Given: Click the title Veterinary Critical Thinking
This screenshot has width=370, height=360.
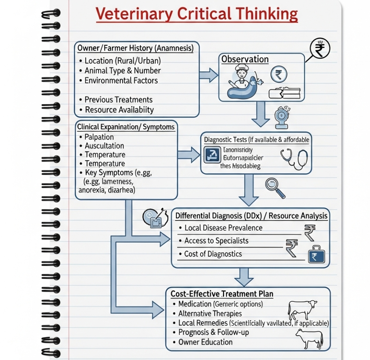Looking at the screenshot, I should point(197,14).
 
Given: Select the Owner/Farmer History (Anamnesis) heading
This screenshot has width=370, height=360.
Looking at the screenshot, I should point(135,48).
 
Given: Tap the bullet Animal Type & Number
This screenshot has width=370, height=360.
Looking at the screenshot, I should point(122,71).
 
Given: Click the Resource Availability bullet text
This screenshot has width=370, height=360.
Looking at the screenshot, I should point(119,110).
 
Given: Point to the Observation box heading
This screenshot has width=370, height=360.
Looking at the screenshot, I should point(245,59).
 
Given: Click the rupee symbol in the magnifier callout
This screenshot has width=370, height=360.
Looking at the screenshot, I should point(320,49).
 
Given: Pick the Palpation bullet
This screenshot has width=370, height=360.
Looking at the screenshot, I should point(99,137).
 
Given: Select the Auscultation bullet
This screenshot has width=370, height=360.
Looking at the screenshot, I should point(104,146).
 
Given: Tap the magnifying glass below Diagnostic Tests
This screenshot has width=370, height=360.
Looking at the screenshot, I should point(275,188).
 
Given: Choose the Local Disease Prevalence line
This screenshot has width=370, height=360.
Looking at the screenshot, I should point(223,228).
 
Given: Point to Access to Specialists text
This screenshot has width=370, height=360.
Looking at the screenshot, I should point(216,241).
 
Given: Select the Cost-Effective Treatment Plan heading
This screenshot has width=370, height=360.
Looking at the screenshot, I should point(222,294).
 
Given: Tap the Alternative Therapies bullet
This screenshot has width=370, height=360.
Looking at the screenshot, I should point(210,314).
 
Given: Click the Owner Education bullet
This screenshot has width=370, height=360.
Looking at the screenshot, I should point(205,342).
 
